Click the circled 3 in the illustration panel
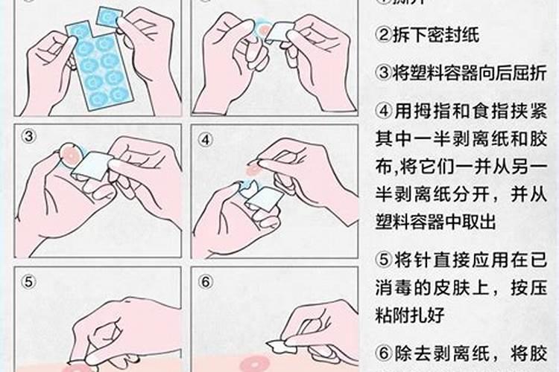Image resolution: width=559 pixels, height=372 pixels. [x=28, y=136]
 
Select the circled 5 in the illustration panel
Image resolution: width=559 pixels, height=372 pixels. [x=28, y=281]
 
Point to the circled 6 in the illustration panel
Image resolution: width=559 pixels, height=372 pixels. [x=205, y=281]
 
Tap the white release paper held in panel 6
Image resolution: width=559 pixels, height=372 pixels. [x=277, y=344]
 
